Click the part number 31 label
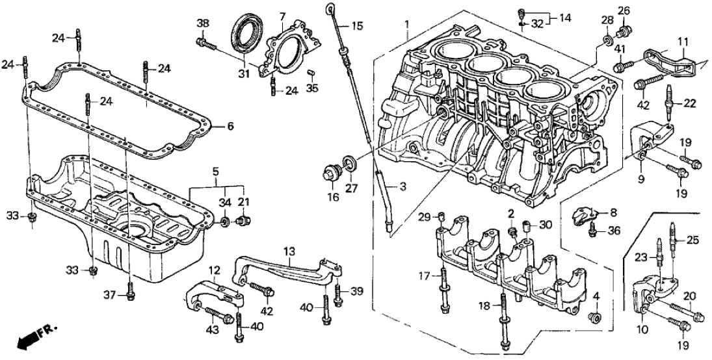point(243,74)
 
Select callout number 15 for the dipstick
point(358,27)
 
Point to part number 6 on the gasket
point(230,126)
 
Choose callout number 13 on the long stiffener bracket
point(289,250)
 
